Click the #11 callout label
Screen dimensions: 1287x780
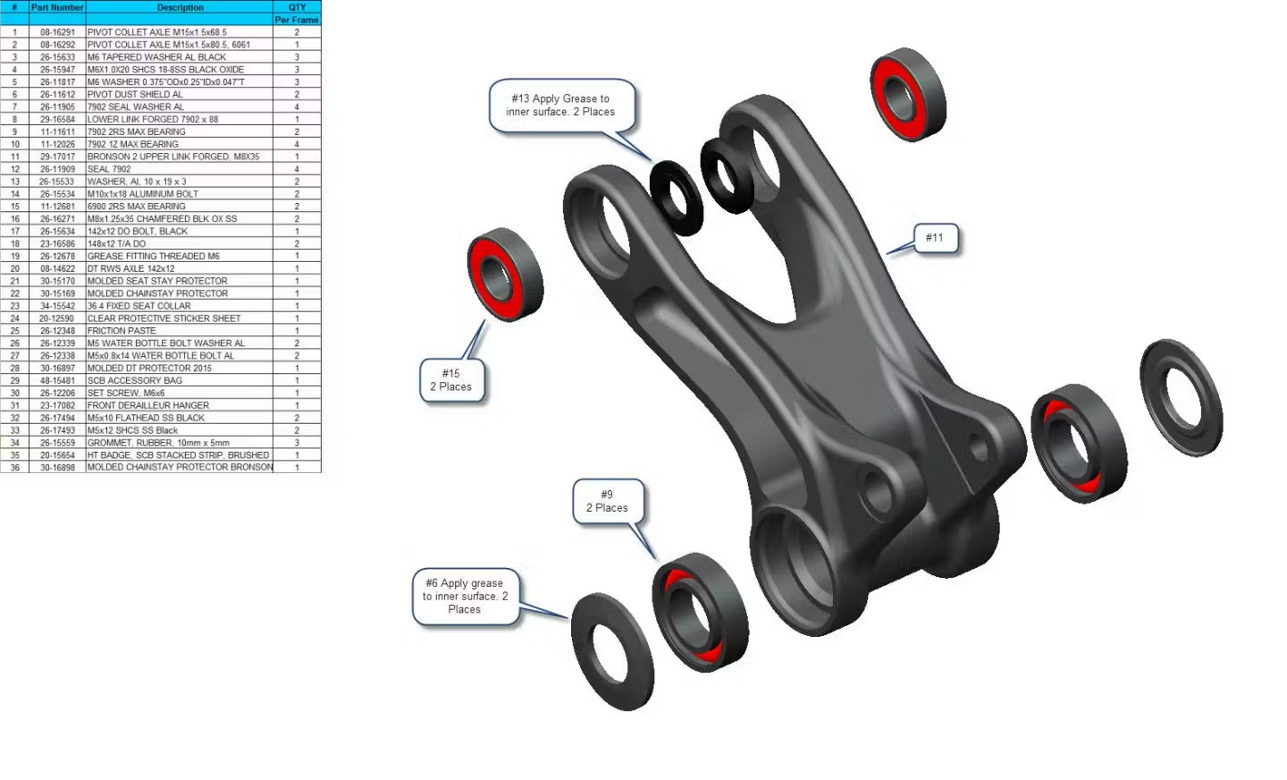pyautogui.click(x=936, y=238)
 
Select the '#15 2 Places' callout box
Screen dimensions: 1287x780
pyautogui.click(x=451, y=380)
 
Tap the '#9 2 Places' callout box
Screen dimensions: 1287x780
pyautogui.click(x=608, y=501)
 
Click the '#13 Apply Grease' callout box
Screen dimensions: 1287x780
pyautogui.click(x=561, y=106)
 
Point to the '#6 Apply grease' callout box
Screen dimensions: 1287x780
pyautogui.click(x=466, y=596)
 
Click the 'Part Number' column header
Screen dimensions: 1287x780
pyautogui.click(x=57, y=7)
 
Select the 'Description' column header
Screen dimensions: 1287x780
pyautogui.click(x=180, y=7)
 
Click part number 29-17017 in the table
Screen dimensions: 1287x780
pyautogui.click(x=57, y=157)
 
